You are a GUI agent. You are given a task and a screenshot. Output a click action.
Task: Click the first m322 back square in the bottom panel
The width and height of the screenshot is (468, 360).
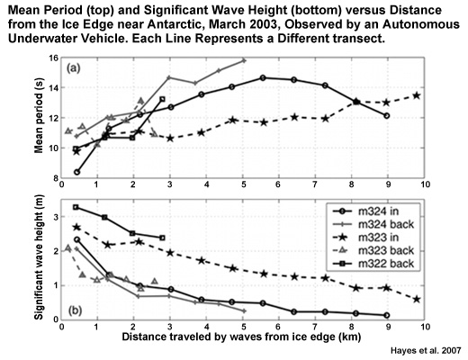pyautogui.click(x=76, y=207)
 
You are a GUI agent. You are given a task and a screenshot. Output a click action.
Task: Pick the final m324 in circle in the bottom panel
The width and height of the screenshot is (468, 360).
pyautogui.click(x=386, y=315)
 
